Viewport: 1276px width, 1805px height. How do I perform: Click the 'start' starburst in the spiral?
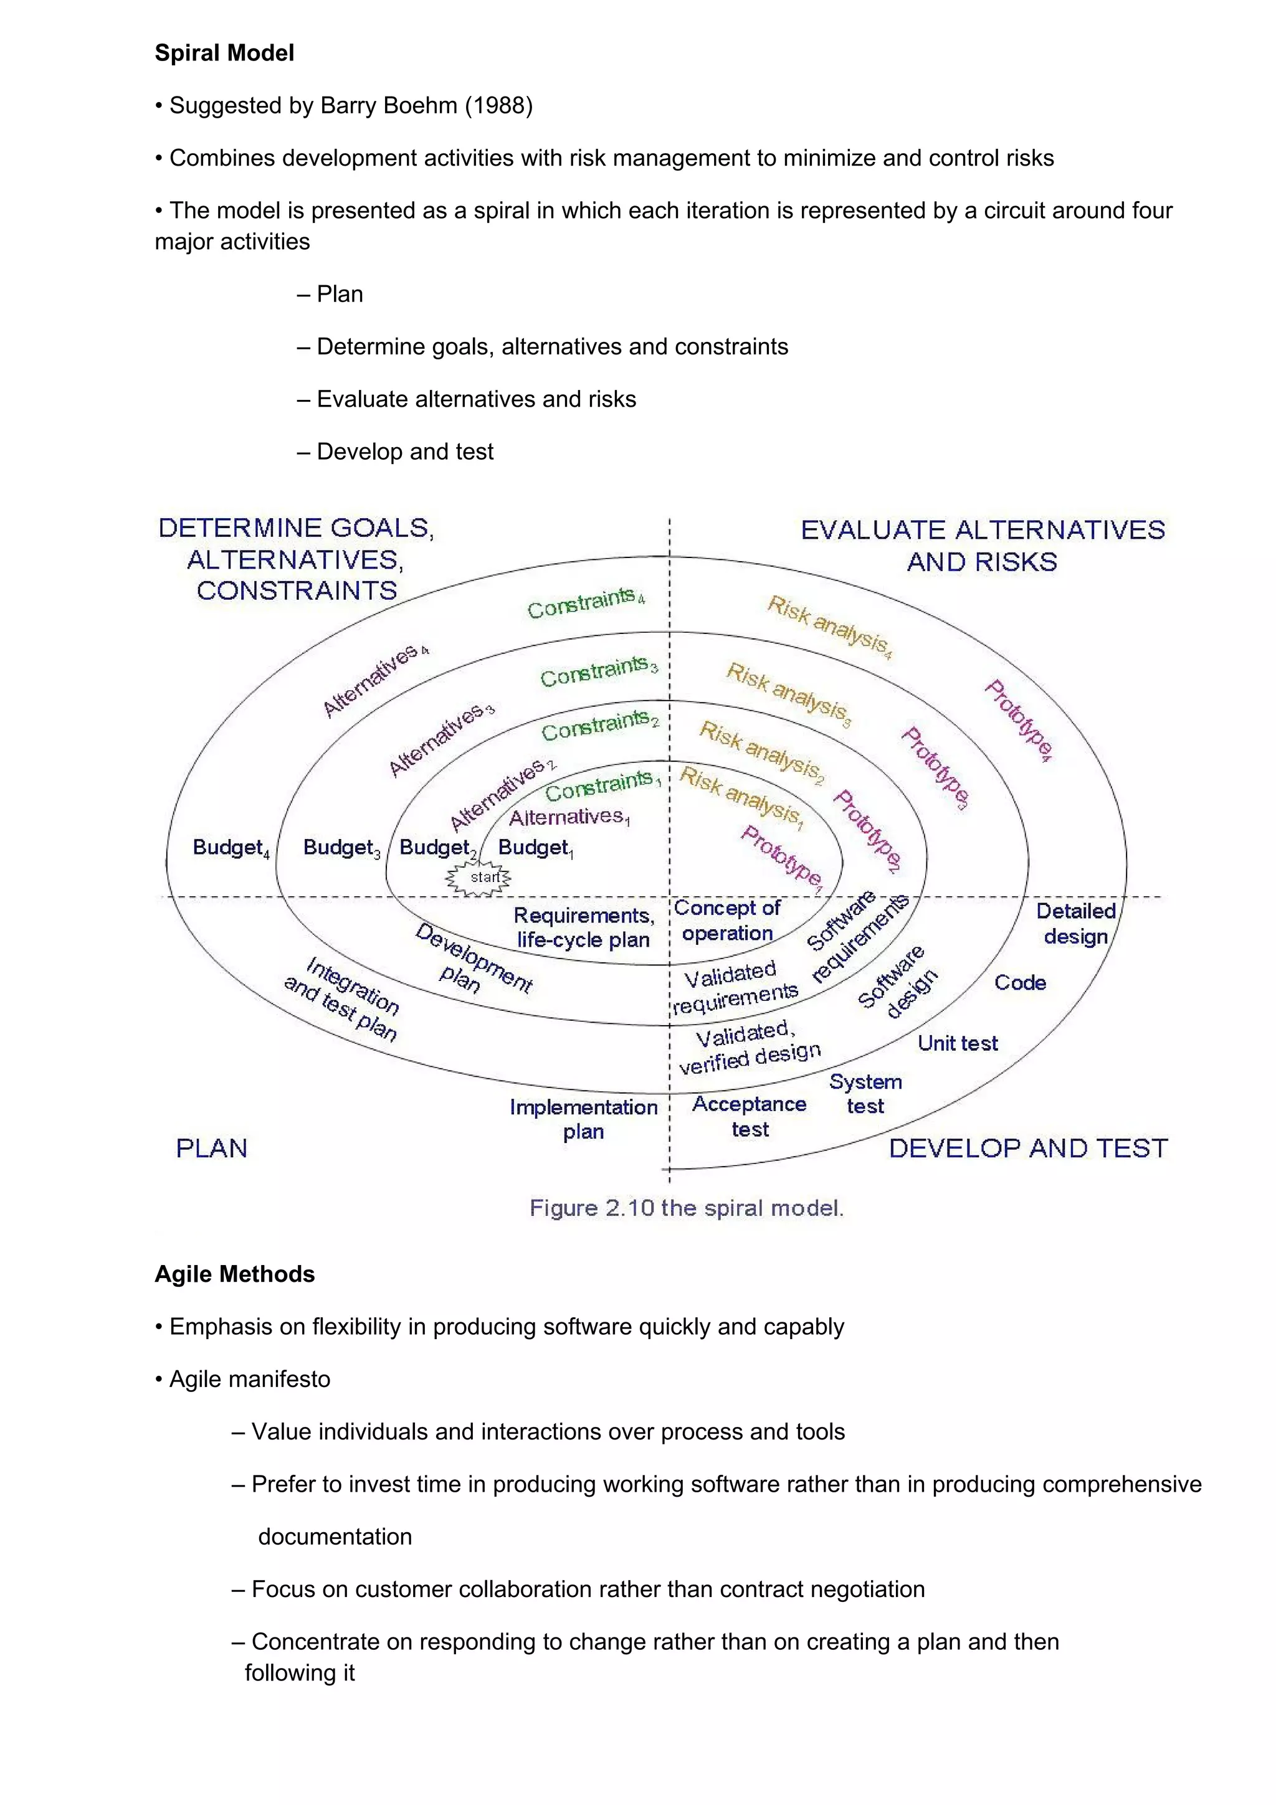tap(478, 878)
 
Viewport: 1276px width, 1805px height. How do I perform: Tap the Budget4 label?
tap(231, 848)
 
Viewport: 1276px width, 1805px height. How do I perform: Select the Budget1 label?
tap(535, 848)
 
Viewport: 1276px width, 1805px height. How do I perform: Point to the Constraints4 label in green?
tap(585, 602)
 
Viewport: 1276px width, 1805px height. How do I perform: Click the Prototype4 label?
tap(1019, 720)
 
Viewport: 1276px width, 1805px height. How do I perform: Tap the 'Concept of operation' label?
tap(727, 921)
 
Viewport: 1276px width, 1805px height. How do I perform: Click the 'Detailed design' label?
tap(1075, 924)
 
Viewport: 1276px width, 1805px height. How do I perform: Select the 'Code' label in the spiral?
tap(1020, 983)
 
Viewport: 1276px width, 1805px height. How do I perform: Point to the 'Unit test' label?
tap(958, 1043)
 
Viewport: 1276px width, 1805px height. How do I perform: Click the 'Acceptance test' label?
tap(750, 1116)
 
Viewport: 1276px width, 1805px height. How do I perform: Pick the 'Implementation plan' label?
tap(583, 1119)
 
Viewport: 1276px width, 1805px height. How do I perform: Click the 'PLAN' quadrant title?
tap(211, 1149)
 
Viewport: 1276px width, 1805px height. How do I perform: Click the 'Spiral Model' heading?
tap(224, 53)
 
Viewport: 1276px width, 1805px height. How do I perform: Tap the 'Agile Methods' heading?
tap(234, 1274)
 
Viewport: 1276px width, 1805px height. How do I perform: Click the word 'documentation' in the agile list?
tap(335, 1537)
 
